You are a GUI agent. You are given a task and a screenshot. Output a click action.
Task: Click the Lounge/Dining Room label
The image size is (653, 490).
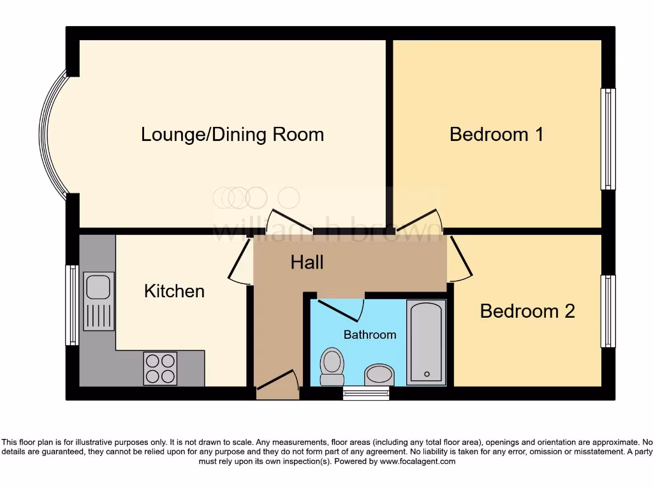pyautogui.click(x=232, y=135)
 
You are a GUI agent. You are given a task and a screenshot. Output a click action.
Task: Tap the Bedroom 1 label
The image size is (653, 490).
pyautogui.click(x=496, y=135)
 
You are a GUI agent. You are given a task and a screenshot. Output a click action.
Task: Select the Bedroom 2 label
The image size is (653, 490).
pyautogui.click(x=527, y=311)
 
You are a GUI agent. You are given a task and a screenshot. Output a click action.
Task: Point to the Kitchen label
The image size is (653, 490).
pyautogui.click(x=174, y=292)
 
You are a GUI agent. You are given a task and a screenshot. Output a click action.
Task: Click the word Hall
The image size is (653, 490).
pyautogui.click(x=307, y=262)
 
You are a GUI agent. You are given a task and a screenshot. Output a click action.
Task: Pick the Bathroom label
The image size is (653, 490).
pyautogui.click(x=370, y=334)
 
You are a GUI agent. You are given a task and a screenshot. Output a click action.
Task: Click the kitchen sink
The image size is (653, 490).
pyautogui.click(x=99, y=301)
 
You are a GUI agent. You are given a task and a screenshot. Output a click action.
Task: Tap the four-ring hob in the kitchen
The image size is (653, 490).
pyautogui.click(x=160, y=368)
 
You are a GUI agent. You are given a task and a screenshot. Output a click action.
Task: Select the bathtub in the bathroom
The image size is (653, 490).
pyautogui.click(x=426, y=342)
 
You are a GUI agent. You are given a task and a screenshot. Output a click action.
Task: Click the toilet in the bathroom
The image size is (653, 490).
pyautogui.click(x=332, y=366)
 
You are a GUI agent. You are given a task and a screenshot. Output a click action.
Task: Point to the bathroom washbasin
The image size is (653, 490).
pyautogui.click(x=379, y=375)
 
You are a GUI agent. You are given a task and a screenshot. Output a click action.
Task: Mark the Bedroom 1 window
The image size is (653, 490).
pyautogui.click(x=608, y=139)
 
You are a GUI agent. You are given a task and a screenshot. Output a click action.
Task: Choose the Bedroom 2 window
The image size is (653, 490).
pyautogui.click(x=608, y=311)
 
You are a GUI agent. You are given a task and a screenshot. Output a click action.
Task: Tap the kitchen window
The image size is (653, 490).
pyautogui.click(x=71, y=305)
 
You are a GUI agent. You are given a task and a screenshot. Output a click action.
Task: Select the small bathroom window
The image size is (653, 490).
pyautogui.click(x=366, y=393)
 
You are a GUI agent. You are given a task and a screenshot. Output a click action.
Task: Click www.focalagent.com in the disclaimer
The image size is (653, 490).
pyautogui.click(x=418, y=461)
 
